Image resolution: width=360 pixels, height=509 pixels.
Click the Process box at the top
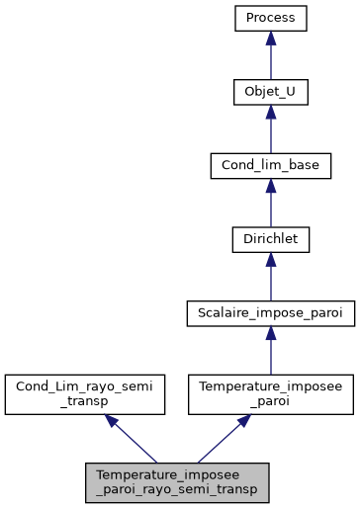271,19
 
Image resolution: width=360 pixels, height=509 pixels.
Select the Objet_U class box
271,92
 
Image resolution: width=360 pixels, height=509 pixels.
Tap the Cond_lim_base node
271,165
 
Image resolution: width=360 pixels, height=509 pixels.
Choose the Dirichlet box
271,238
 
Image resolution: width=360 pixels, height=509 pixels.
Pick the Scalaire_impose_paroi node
271,312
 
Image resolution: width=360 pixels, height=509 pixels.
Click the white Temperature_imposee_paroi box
271,393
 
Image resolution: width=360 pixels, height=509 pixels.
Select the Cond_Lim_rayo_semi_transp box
83,393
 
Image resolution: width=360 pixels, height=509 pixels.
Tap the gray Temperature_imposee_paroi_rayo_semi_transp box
177,480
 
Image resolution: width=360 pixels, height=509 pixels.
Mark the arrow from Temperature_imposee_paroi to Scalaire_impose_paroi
271,352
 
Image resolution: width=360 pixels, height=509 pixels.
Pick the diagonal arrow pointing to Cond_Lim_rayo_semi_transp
133,439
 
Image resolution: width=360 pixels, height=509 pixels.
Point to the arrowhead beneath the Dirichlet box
271,260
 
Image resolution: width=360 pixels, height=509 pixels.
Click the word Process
271,19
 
